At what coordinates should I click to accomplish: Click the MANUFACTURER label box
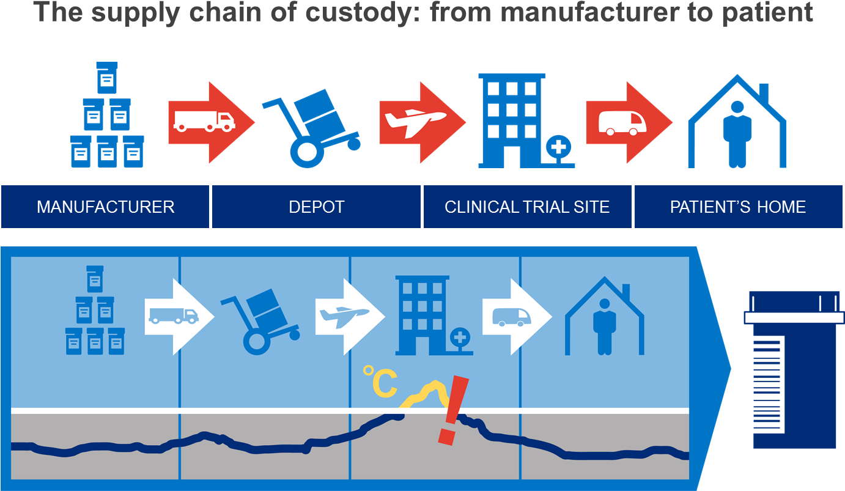[x=105, y=207]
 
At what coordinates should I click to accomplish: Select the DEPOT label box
[x=316, y=207]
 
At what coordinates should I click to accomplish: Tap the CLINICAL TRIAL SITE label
[x=527, y=207]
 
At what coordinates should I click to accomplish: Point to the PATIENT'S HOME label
[x=738, y=207]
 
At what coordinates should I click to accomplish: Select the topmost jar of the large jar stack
[x=107, y=77]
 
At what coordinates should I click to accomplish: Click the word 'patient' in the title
[x=770, y=12]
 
